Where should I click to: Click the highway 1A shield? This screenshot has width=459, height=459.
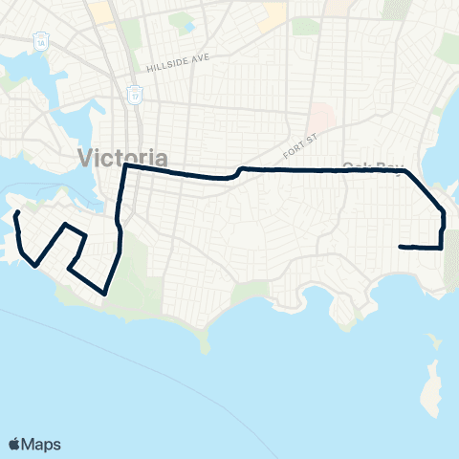(40, 43)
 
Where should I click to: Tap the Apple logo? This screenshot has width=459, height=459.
(14, 444)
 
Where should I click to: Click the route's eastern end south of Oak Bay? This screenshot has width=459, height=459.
(400, 247)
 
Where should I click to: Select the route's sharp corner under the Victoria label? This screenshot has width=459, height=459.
(125, 166)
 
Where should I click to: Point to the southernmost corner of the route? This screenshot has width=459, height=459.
(103, 293)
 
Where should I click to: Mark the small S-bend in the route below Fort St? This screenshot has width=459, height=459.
(235, 172)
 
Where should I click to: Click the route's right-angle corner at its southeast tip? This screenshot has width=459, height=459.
(442, 248)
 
